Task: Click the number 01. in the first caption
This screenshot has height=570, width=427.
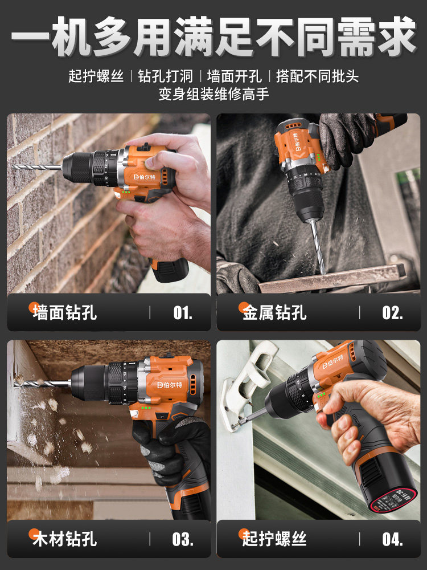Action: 183,312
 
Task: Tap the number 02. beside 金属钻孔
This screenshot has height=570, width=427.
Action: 392,312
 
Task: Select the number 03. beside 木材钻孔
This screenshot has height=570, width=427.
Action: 183,539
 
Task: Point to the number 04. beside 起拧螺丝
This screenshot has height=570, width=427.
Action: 392,539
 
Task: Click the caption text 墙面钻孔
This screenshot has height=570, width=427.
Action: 65,312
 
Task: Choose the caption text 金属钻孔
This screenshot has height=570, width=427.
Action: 274,312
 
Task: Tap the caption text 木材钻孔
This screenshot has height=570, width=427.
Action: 65,539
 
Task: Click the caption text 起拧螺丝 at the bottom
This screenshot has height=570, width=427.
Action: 274,539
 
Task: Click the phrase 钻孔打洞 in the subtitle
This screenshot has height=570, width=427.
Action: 165,76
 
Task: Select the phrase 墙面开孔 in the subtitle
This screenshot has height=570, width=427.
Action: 234,76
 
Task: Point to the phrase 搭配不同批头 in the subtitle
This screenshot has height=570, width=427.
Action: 317,76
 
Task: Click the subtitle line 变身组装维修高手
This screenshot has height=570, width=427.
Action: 213,94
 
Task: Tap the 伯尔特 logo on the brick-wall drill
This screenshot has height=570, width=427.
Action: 144,177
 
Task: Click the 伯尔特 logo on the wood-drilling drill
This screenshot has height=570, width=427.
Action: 170,385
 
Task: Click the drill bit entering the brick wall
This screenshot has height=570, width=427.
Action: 37,167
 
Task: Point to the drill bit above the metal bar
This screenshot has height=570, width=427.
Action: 317,247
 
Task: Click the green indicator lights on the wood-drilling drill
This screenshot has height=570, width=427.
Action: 146,408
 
